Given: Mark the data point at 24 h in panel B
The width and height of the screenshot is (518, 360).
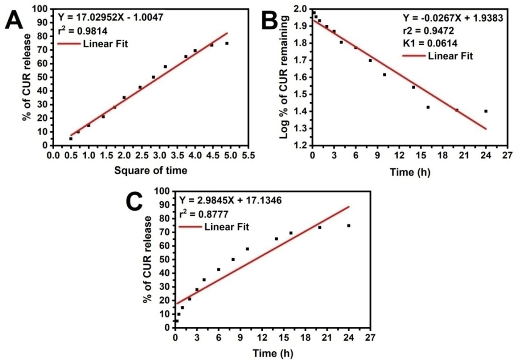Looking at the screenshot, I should (485, 111).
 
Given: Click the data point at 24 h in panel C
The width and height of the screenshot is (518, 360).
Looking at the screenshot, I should (349, 225).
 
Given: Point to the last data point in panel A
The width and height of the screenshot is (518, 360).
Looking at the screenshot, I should (226, 43).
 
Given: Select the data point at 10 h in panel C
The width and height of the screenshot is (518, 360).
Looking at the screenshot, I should (247, 249).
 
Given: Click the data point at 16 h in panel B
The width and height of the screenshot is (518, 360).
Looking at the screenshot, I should (428, 107).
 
